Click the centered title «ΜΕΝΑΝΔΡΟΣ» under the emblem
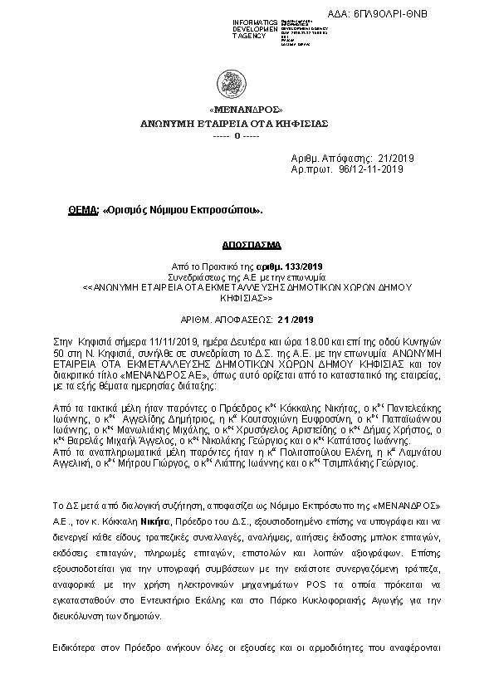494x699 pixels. [x=246, y=110]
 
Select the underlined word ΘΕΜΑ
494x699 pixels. [x=83, y=211]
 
